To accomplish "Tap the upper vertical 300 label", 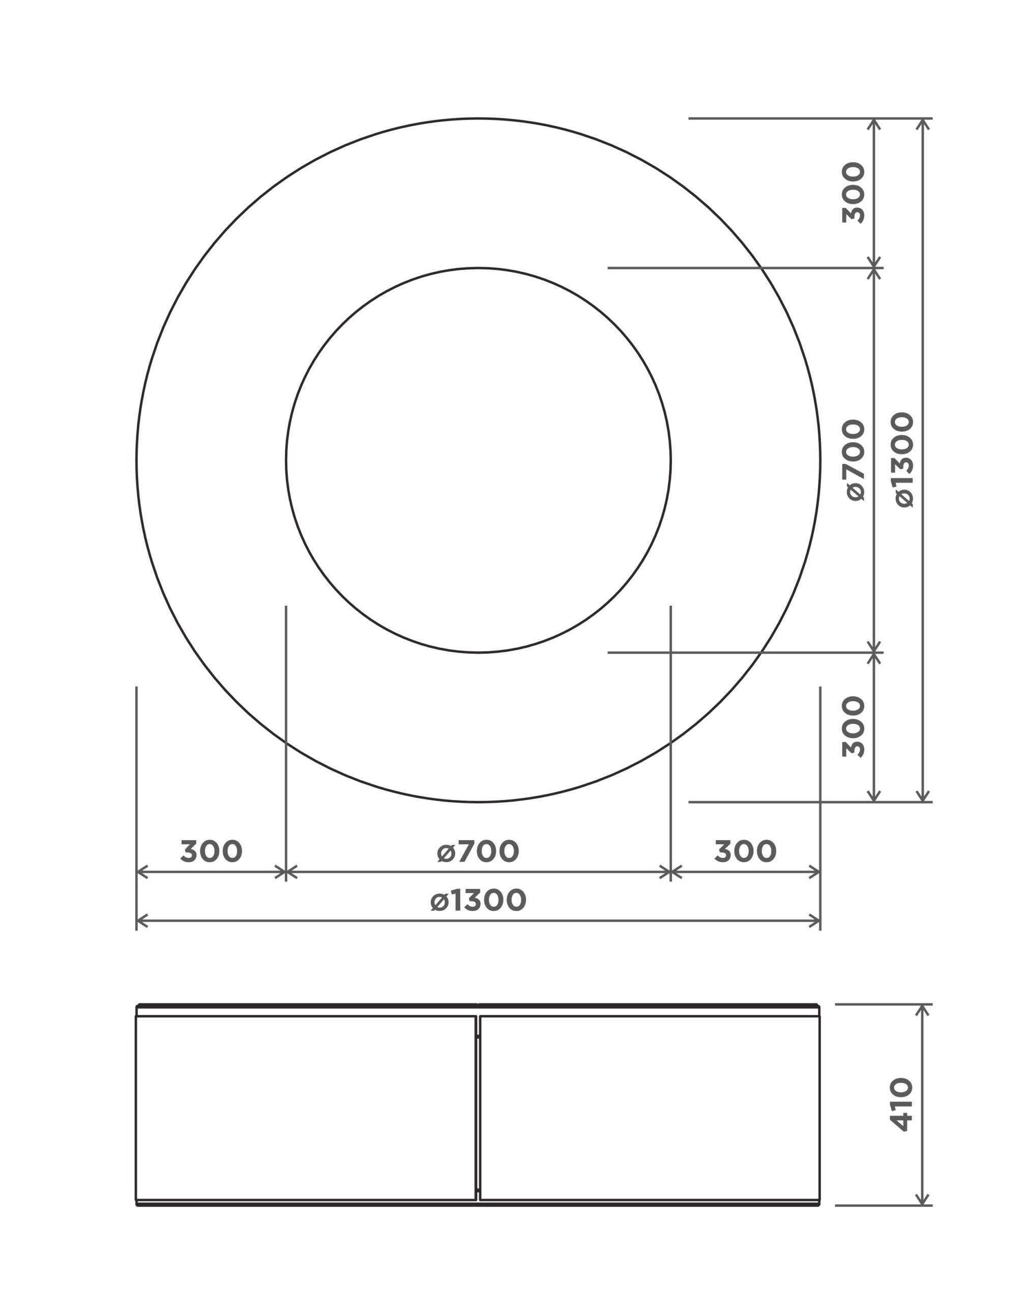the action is [854, 192].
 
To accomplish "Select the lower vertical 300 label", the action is [854, 726].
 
